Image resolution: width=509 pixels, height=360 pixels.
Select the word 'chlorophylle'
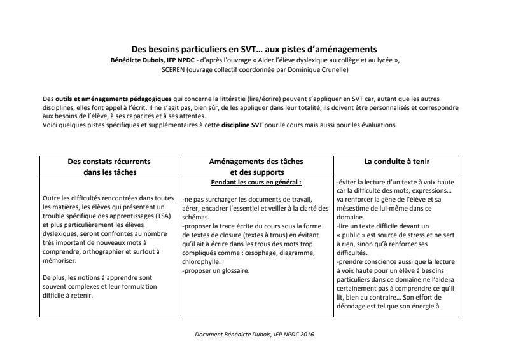click(202, 261)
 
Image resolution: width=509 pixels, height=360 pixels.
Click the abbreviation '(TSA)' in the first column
click(163, 216)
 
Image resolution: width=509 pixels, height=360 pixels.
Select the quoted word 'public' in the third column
click(358, 235)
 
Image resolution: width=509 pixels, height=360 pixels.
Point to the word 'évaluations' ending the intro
click(377, 125)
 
